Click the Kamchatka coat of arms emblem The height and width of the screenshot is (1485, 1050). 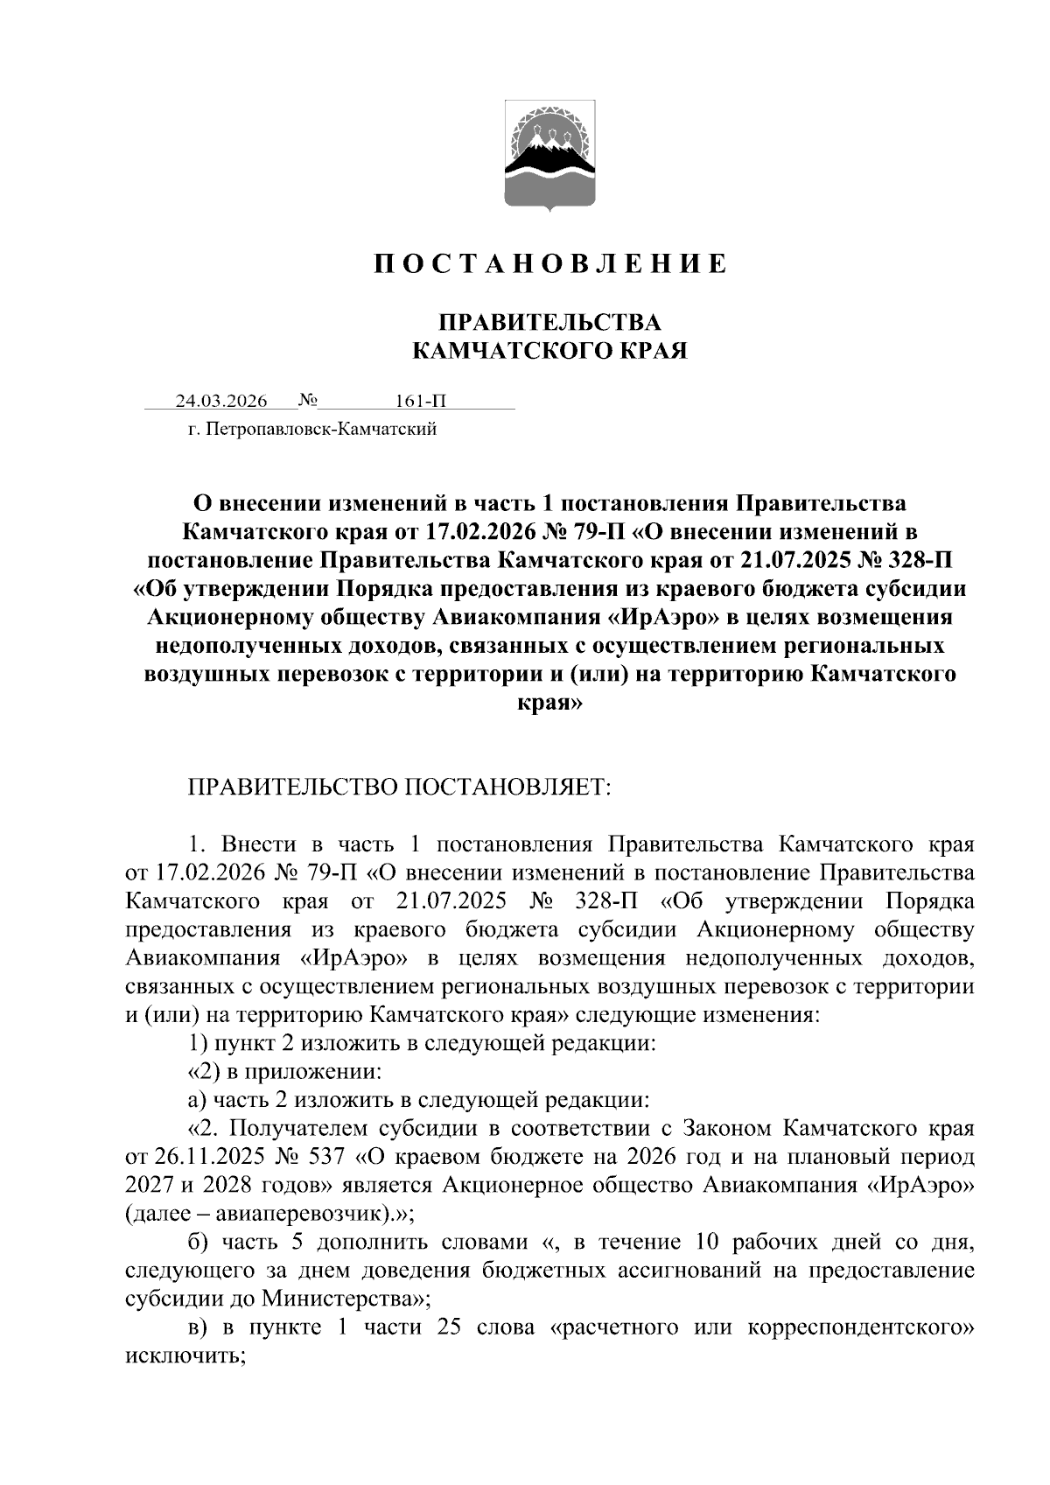pyautogui.click(x=550, y=157)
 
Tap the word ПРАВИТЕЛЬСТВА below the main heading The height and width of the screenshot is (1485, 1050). pyautogui.click(x=549, y=322)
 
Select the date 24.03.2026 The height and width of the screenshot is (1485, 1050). pyautogui.click(x=220, y=402)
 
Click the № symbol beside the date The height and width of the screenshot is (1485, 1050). pyautogui.click(x=307, y=401)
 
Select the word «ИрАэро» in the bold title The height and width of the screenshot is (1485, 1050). pyautogui.click(x=662, y=617)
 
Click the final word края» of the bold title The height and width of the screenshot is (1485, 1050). pyautogui.click(x=549, y=702)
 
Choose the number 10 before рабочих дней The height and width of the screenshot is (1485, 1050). pyautogui.click(x=706, y=1243)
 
